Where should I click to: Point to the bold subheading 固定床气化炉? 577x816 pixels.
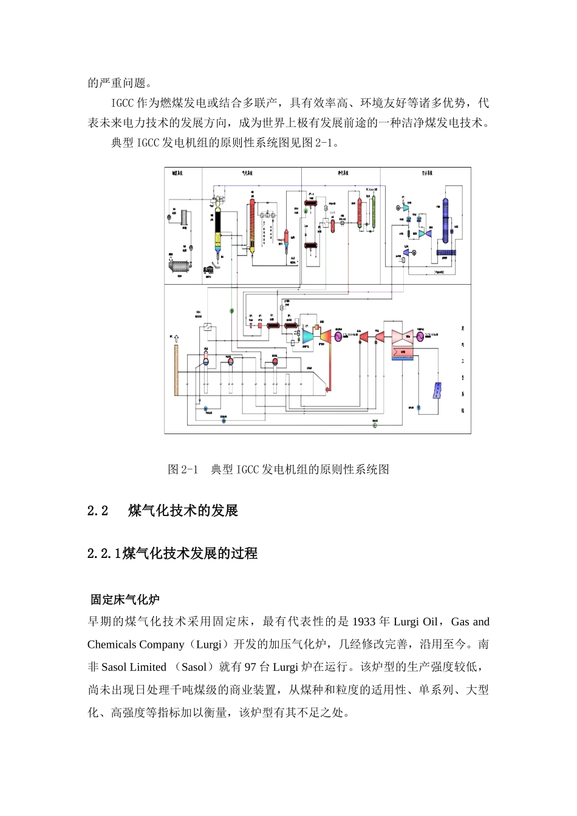[x=125, y=600]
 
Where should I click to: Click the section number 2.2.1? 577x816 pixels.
[x=104, y=553]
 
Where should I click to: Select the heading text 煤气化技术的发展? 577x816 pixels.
[x=183, y=511]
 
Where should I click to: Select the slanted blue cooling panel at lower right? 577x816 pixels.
[x=437, y=390]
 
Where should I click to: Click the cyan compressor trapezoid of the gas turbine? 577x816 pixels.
[x=307, y=336]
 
